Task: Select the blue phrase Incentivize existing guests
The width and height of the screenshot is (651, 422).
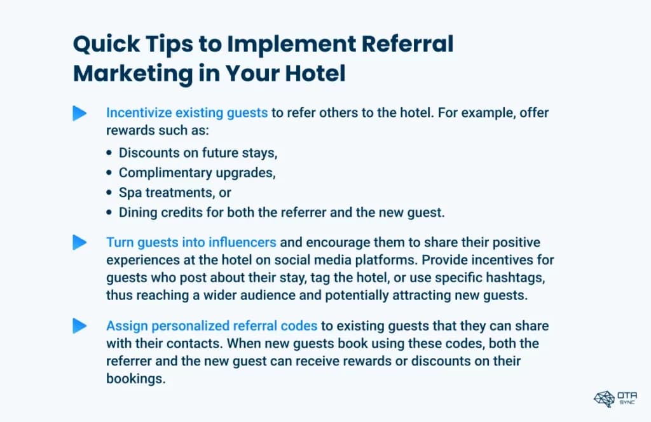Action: coord(187,113)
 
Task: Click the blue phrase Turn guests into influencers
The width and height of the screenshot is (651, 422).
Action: coord(191,242)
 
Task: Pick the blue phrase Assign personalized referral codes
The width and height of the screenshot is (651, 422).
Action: coord(212,326)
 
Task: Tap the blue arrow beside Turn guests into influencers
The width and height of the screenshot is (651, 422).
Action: coord(79,242)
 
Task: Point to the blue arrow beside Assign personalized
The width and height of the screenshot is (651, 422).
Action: coord(79,326)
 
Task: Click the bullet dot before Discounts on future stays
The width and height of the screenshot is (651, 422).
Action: coord(109,153)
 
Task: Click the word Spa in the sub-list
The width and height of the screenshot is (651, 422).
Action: coord(129,193)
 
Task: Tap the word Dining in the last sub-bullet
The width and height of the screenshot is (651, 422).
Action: coord(136,212)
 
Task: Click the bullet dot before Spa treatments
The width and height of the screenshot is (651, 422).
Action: coord(109,193)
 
